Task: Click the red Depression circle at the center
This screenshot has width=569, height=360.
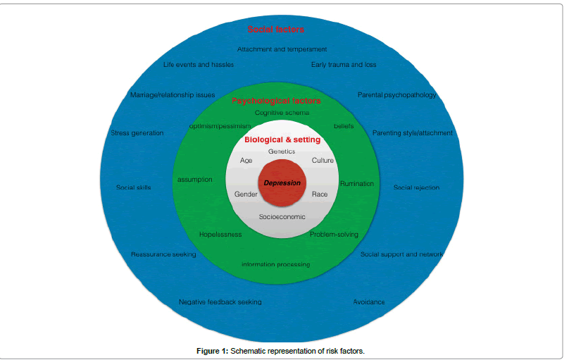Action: [282, 182]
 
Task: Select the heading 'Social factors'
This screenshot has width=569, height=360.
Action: [275, 30]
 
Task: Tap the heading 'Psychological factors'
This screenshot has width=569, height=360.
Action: [275, 101]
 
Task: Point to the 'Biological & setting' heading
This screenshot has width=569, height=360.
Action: [282, 139]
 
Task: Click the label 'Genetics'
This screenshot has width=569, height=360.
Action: [282, 151]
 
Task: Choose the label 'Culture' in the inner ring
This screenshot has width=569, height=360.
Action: [323, 161]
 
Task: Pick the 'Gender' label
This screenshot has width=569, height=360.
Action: [246, 193]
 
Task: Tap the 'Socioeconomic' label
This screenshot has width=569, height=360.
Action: [282, 216]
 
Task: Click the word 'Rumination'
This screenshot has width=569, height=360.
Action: [357, 184]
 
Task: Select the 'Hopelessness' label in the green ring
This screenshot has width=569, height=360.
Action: [220, 235]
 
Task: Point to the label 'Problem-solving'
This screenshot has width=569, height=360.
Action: [334, 235]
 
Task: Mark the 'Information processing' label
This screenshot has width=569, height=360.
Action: [275, 265]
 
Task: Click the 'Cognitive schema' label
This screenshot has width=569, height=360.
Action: [282, 113]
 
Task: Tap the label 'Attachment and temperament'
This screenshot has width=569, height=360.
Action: [282, 49]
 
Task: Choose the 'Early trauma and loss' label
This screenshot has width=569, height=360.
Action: [344, 65]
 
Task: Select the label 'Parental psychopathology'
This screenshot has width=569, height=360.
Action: [397, 95]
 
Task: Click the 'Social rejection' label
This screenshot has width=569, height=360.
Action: [416, 187]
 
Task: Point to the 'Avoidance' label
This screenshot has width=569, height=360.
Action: [369, 302]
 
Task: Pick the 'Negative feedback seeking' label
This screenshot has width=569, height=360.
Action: [220, 302]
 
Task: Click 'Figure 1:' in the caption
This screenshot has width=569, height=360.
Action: [213, 351]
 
